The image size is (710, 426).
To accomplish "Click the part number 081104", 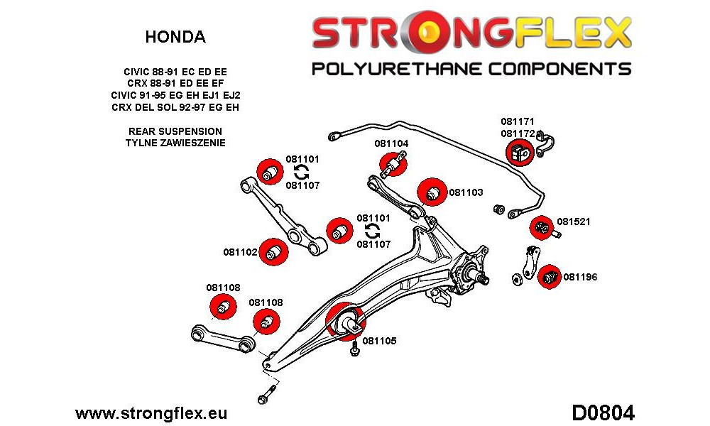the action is (391, 143).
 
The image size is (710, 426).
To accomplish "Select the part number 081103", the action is (466, 192).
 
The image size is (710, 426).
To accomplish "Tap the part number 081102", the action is (240, 252).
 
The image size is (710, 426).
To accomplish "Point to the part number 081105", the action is (379, 341).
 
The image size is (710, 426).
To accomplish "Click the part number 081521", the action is (574, 222).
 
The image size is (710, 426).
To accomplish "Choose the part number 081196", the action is (581, 277).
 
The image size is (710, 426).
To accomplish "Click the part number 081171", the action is (518, 121).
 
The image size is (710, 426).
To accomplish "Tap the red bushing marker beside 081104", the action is (393, 164).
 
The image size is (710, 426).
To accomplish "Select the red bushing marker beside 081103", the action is (432, 192).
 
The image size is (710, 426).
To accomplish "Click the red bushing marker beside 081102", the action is (274, 252).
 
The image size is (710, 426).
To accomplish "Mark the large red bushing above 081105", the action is (345, 321).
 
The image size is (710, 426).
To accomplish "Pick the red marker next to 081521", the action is (542, 228).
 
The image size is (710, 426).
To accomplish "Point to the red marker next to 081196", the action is (550, 276).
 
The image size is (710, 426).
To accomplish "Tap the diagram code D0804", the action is (603, 413).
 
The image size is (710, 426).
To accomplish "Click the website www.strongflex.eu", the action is (151, 413).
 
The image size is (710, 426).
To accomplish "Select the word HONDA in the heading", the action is (175, 37).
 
